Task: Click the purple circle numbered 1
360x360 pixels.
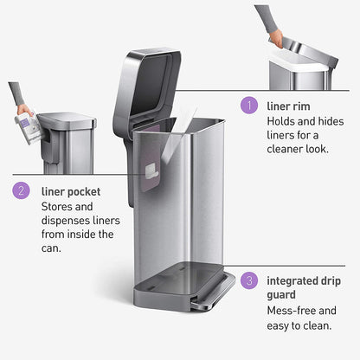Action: pos(249,106)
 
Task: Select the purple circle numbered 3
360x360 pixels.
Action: pos(249,280)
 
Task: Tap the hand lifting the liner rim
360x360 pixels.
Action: pos(276,39)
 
